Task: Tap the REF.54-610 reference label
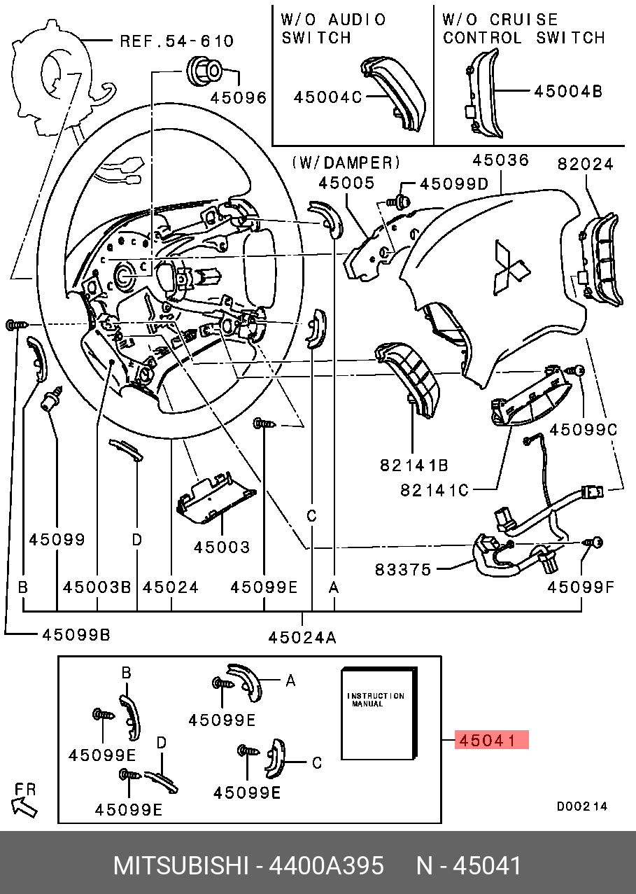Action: [177, 41]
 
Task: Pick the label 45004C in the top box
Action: [327, 97]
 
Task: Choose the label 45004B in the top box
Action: [567, 91]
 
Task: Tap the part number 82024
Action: [585, 164]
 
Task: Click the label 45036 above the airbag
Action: [500, 160]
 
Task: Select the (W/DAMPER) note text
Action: [346, 162]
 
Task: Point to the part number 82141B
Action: [414, 464]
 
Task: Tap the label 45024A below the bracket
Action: [302, 637]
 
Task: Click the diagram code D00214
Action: [582, 806]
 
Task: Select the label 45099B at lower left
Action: [76, 635]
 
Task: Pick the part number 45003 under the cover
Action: [222, 547]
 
